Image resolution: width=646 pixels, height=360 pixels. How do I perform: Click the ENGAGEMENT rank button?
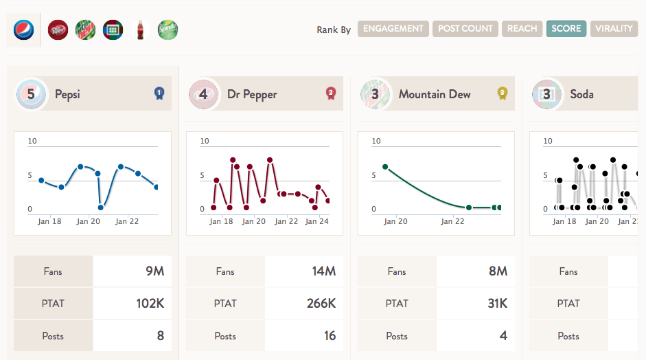coord(393,29)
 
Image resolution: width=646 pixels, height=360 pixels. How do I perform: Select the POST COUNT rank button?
coord(465,29)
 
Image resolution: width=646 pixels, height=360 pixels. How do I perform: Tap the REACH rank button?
coord(522,29)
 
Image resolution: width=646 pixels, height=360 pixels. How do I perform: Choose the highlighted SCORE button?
coord(566,29)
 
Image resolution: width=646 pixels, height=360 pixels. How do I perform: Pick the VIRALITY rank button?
coord(614,29)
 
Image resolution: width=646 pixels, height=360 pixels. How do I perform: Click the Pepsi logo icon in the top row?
coord(23,30)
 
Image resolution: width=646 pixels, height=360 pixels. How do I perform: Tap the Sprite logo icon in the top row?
coord(168,30)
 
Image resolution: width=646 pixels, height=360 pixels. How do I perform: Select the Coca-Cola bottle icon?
coord(140,30)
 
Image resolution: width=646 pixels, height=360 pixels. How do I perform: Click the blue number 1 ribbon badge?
coord(159,93)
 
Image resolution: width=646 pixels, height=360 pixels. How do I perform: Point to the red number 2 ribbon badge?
coord(330,93)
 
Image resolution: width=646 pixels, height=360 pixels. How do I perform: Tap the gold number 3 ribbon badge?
coord(502,93)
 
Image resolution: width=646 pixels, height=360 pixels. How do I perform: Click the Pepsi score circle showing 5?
coord(31,94)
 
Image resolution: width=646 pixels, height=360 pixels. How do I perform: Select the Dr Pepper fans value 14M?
coord(324,271)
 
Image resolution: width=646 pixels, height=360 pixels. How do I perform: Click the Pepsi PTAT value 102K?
coord(150,304)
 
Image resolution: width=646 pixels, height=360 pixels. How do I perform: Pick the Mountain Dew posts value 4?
coord(503,336)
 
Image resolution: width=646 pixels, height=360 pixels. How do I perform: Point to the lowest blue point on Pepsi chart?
coord(100,207)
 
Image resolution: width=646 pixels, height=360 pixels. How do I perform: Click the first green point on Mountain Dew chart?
coord(385,166)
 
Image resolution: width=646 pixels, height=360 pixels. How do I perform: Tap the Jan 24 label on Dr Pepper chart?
coord(316,221)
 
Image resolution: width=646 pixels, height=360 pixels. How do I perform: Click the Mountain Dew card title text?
coord(435,94)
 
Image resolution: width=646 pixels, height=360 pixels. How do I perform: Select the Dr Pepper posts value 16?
coord(330,336)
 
